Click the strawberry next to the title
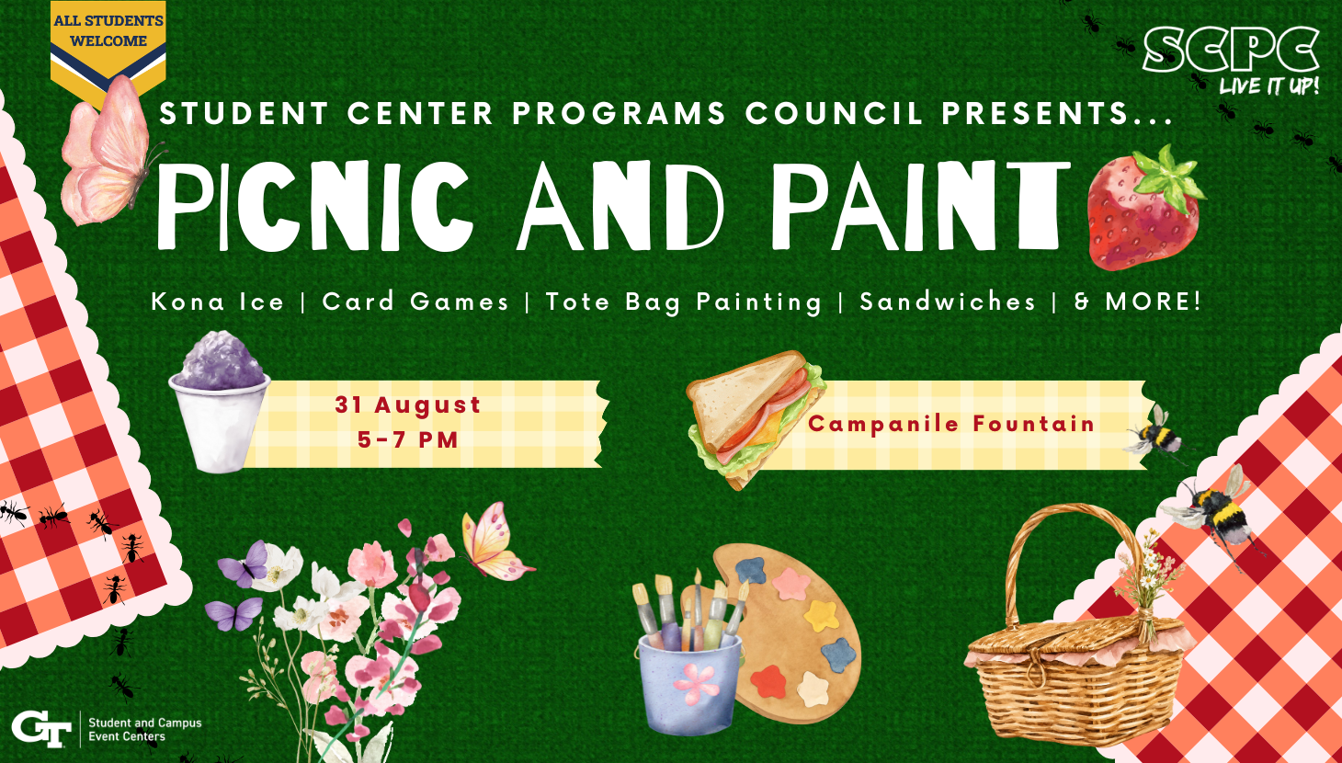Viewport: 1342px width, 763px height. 1144,210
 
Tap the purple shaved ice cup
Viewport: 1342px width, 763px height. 220,402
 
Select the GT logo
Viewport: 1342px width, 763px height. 41,729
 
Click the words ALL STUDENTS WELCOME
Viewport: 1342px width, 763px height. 108,30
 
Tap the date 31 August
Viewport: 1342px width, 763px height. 407,404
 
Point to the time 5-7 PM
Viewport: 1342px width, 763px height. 407,440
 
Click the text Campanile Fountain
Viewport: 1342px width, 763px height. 951,424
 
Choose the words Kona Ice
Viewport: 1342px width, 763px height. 218,302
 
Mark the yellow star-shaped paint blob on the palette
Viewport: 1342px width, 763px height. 821,615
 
